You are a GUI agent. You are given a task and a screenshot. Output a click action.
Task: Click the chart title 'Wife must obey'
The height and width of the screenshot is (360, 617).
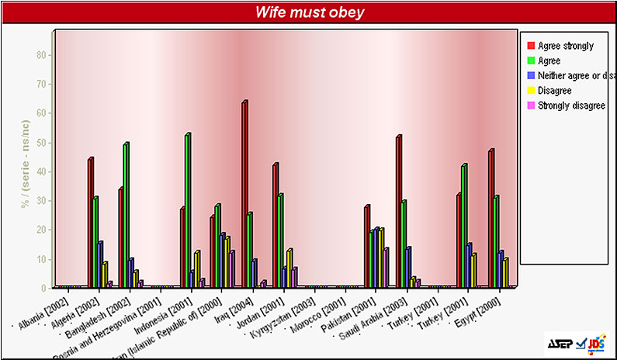310,12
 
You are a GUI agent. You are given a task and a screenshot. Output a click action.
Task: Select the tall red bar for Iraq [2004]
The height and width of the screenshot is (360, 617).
244,194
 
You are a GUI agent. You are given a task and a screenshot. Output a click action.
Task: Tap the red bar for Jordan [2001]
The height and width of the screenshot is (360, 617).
275,226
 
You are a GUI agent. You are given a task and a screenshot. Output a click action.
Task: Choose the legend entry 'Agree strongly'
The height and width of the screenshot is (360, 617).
565,46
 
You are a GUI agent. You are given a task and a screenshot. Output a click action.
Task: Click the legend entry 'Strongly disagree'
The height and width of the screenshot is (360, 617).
571,105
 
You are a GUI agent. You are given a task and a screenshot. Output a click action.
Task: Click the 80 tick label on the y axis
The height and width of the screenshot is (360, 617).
40,55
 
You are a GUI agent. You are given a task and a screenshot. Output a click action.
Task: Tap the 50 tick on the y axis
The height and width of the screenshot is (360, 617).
40,143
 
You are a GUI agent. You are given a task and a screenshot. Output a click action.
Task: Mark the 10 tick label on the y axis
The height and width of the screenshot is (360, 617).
40,259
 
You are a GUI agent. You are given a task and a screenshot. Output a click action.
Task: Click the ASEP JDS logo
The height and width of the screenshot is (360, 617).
576,343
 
